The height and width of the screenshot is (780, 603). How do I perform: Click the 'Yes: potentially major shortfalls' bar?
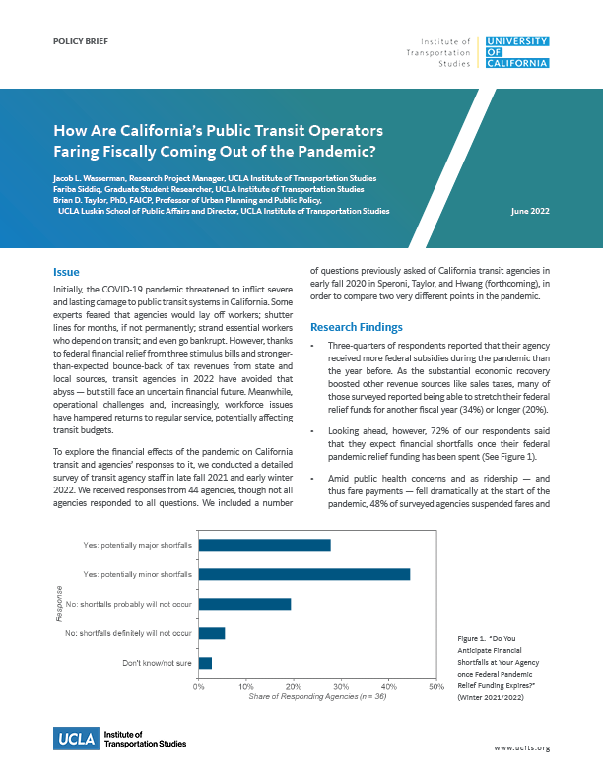(264, 544)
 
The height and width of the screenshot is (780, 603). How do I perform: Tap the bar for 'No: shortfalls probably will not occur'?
(244, 603)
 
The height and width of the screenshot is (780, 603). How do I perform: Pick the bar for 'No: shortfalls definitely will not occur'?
(212, 632)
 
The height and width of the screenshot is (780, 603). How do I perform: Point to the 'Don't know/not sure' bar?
(205, 663)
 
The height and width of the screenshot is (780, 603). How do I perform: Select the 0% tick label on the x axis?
(198, 685)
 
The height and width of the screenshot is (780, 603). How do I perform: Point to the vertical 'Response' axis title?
(59, 603)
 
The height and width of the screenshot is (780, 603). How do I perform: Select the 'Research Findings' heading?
(356, 326)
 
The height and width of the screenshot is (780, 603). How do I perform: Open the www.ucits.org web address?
(521, 748)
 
